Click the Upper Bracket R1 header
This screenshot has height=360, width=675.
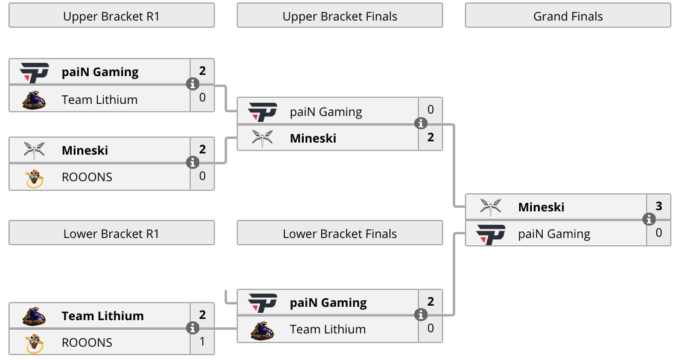tap(112, 16)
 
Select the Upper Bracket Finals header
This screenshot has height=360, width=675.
tap(340, 16)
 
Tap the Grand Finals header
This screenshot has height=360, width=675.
tap(568, 16)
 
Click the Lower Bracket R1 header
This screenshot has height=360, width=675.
tap(112, 233)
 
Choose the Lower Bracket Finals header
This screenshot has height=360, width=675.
tap(340, 233)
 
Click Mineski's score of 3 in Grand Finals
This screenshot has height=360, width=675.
tap(659, 206)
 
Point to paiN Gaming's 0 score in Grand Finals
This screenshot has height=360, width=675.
tap(659, 233)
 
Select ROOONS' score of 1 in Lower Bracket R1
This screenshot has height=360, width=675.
tap(202, 341)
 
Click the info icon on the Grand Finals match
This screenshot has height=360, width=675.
tap(649, 219)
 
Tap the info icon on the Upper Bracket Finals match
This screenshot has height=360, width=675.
tap(421, 123)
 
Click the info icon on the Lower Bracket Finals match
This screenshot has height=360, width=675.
tap(421, 315)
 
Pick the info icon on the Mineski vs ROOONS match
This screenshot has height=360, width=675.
tap(193, 162)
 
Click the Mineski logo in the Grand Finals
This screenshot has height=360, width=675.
tap(490, 207)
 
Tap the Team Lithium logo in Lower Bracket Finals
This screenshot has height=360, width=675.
tap(262, 331)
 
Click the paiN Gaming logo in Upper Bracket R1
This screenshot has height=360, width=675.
tap(34, 72)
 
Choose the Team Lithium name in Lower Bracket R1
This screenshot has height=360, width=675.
tap(103, 316)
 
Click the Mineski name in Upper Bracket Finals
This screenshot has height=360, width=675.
tap(313, 138)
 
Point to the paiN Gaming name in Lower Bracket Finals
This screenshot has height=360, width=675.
tap(328, 303)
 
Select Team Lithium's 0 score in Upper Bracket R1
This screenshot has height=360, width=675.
tap(202, 97)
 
